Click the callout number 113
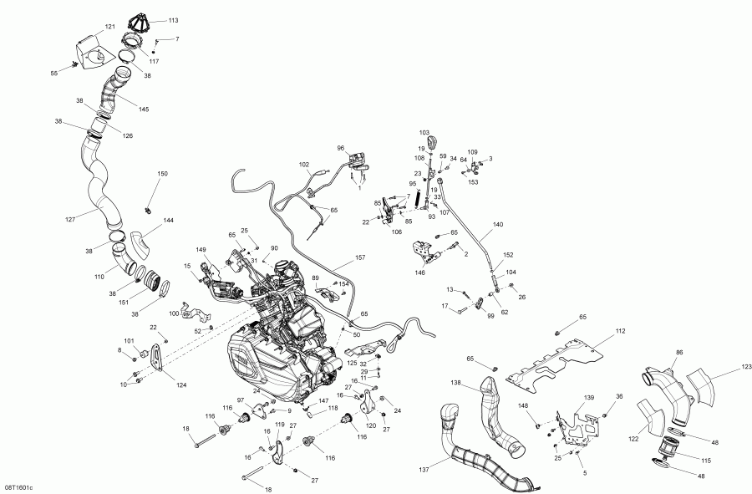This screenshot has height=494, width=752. (173, 19)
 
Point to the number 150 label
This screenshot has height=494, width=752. (162, 173)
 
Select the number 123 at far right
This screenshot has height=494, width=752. (722, 366)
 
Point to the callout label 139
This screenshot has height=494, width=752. (588, 397)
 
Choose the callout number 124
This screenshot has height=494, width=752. (181, 385)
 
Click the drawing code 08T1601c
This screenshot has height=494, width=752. (18, 486)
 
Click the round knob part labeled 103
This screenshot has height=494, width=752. (433, 145)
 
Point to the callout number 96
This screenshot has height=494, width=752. (341, 149)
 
